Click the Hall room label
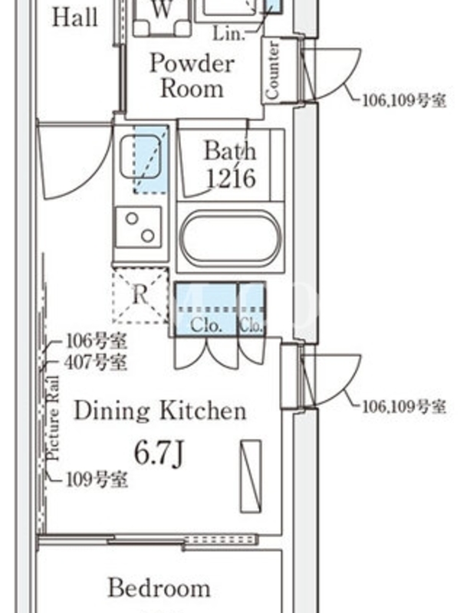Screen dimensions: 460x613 (74, 18)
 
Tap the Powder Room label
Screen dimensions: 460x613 (192, 75)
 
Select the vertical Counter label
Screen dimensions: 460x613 (273, 70)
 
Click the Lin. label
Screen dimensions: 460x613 (228, 34)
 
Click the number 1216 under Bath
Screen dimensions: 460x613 (231, 179)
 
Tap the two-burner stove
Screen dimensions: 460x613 (139, 227)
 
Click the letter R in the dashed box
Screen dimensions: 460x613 (140, 294)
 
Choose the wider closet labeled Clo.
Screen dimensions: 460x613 (206, 309)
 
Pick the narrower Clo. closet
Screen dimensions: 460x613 (251, 309)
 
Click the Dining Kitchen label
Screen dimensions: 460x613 (160, 411)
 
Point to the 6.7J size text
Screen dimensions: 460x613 (159, 454)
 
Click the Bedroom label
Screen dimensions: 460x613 (159, 588)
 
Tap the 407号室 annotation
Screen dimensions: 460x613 (95, 362)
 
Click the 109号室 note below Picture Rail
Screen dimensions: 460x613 (97, 480)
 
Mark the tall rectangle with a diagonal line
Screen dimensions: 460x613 (251, 476)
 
